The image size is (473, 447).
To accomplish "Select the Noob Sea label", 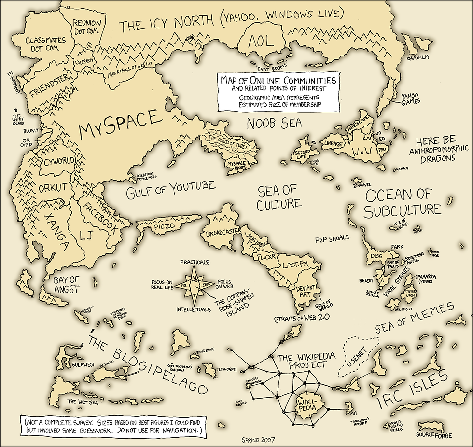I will point(274,123).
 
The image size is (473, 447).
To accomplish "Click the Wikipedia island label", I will point(307,404).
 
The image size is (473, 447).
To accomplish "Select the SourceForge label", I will point(434,435).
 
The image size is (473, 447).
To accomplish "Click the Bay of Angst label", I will point(66,284).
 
